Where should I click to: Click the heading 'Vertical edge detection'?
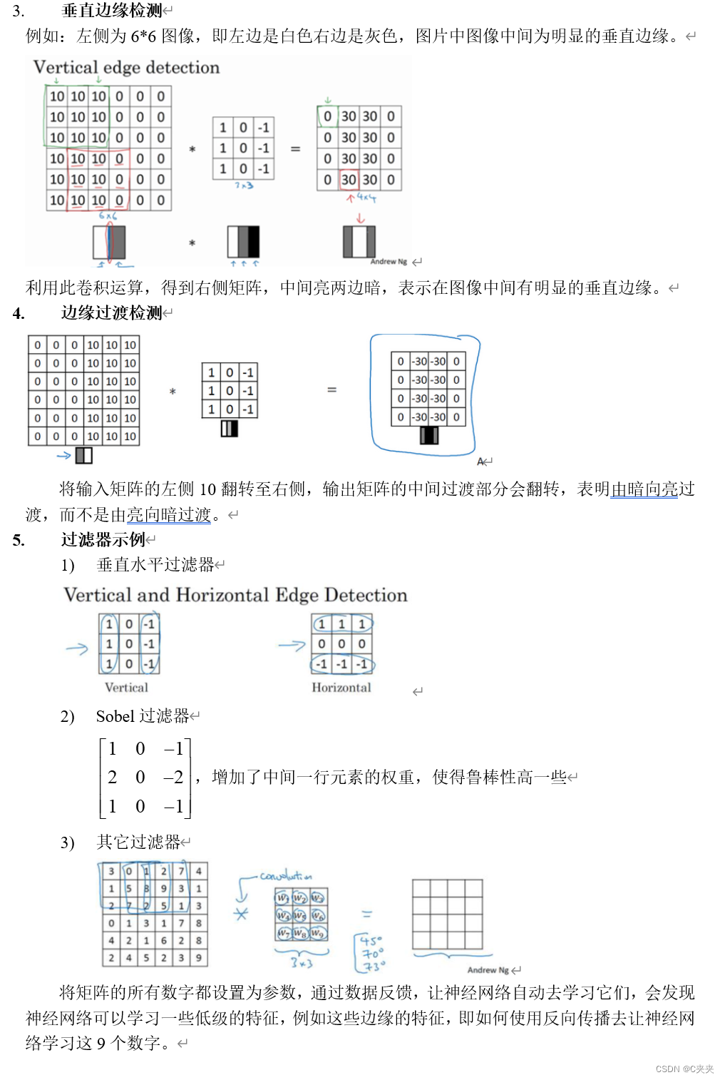[126, 68]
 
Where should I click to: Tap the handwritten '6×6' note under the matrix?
[108, 215]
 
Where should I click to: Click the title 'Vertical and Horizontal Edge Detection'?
[235, 595]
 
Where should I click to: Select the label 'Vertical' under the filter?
[126, 688]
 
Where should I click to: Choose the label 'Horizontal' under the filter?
[341, 688]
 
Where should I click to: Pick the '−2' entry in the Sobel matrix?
[173, 777]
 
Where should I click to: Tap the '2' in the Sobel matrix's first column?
[112, 777]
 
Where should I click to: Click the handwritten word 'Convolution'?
[285, 875]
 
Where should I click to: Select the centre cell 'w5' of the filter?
[300, 915]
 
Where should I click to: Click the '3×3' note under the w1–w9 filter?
[302, 963]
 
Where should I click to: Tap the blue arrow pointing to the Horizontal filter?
[291, 646]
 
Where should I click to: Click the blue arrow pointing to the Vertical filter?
[77, 648]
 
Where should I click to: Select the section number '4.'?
[19, 313]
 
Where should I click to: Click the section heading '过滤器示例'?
[103, 539]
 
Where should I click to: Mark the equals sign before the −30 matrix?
[331, 389]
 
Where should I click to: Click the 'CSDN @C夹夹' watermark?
[684, 1069]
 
